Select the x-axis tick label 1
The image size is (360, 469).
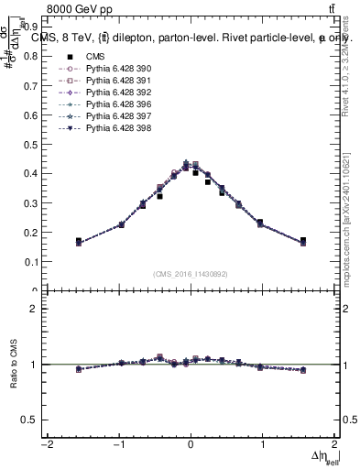pos(262,444)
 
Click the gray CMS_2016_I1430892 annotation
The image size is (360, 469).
pos(191,273)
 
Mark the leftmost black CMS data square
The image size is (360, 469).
pos(79,241)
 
